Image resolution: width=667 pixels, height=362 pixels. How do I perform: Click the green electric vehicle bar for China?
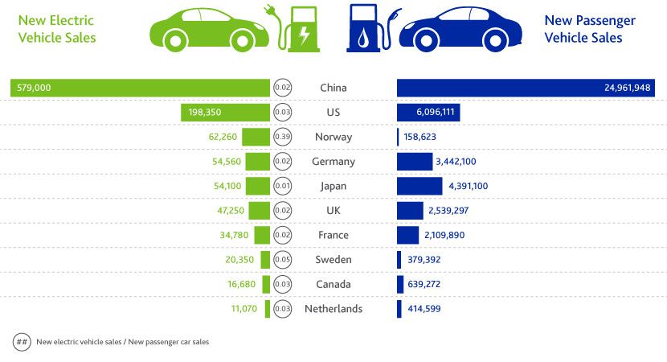(x=140, y=88)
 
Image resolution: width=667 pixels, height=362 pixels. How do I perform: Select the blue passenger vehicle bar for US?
(x=428, y=113)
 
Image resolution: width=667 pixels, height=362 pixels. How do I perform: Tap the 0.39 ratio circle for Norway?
(x=282, y=137)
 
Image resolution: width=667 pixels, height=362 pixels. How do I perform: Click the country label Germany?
(x=333, y=162)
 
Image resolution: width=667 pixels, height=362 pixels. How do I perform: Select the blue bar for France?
(x=407, y=235)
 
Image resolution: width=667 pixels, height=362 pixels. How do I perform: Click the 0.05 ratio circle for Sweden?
(x=282, y=260)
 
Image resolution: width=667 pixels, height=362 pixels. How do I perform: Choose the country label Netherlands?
(x=333, y=309)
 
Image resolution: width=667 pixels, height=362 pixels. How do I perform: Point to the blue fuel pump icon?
(x=365, y=31)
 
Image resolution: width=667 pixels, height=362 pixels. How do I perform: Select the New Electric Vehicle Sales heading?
(x=56, y=29)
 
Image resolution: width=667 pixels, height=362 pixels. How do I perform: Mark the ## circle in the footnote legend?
(x=22, y=342)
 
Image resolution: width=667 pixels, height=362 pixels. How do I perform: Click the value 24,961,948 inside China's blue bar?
(x=627, y=88)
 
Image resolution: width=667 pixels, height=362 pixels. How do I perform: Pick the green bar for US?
(x=226, y=113)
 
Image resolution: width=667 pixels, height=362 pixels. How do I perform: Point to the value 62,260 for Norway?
(x=223, y=137)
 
